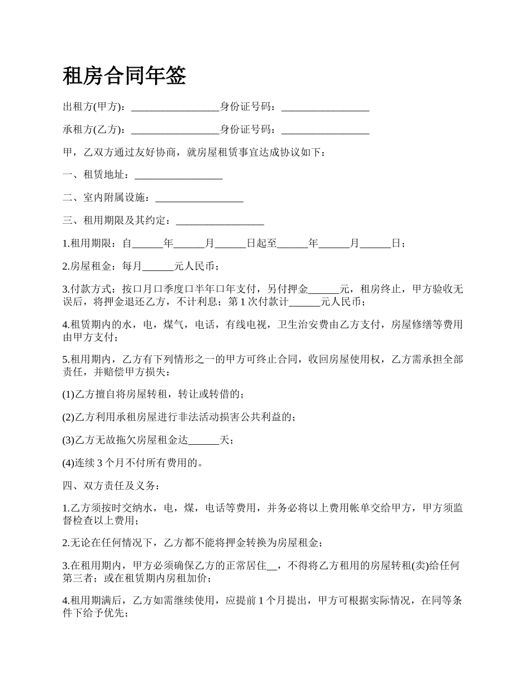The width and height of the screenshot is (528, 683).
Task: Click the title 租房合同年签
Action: click(124, 76)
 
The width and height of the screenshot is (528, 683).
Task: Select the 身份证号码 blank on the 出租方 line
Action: click(325, 107)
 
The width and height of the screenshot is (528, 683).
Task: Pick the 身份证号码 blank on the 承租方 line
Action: click(325, 130)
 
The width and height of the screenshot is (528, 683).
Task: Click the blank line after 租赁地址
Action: click(178, 175)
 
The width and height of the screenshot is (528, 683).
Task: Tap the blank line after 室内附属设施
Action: click(199, 198)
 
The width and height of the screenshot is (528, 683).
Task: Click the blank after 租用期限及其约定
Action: click(220, 221)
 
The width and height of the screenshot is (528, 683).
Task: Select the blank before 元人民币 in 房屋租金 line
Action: click(158, 267)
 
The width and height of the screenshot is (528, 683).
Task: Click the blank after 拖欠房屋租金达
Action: click(204, 440)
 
